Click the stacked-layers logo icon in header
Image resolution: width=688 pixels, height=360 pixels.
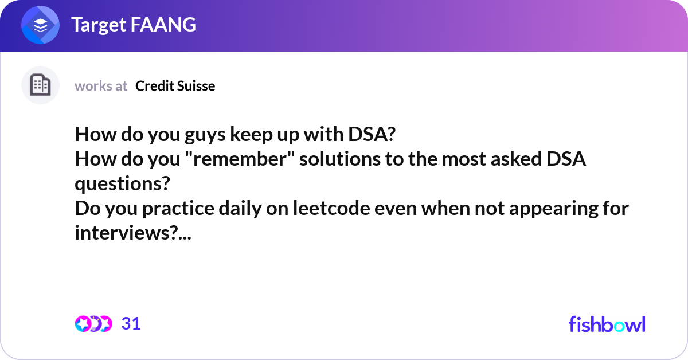[x=41, y=25]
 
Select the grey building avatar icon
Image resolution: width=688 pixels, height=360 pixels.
[x=40, y=85]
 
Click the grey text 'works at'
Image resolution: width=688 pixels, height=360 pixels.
[x=101, y=86]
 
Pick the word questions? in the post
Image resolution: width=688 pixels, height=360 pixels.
[x=122, y=183]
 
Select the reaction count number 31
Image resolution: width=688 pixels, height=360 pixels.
[x=131, y=324]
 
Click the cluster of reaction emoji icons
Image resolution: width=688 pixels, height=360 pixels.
[x=93, y=324]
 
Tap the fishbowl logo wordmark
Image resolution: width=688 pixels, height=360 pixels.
[x=607, y=324]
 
